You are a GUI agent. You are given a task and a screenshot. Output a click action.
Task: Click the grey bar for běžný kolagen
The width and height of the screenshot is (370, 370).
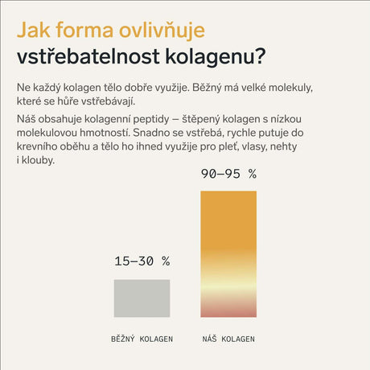tap(142, 298)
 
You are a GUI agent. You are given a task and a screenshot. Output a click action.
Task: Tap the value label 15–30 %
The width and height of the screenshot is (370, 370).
tap(142, 261)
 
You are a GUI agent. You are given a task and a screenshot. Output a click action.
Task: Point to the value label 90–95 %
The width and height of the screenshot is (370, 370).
tap(228, 173)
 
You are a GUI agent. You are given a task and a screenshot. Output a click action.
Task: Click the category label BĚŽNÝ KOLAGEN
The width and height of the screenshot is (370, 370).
tap(142, 339)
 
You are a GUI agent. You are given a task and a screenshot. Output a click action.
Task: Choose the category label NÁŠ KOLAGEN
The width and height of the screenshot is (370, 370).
tap(228, 339)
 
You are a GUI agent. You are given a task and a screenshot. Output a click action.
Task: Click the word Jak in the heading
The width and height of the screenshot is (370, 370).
tap(33, 31)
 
